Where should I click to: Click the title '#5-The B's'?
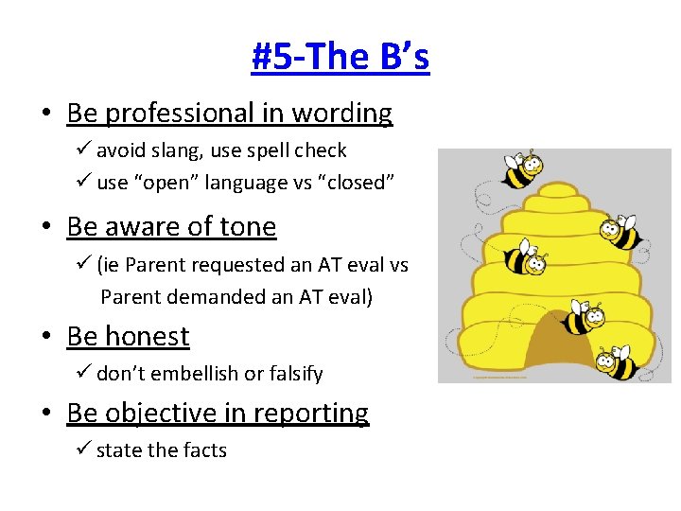click(340, 57)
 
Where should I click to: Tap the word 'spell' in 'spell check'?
click(271, 150)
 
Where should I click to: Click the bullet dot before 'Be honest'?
click(46, 338)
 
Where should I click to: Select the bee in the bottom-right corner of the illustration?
click(620, 361)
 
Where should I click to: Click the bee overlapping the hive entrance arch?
click(584, 319)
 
